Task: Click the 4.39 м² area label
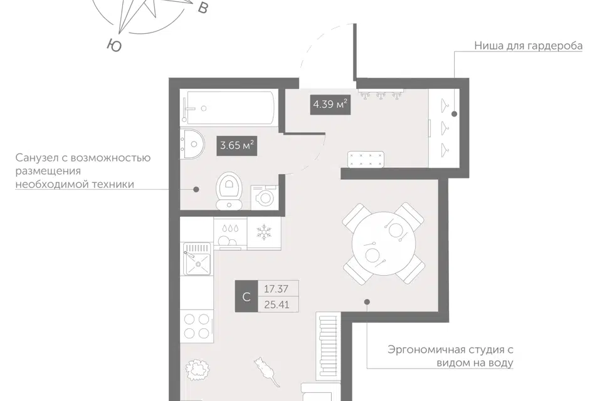[x=330, y=104]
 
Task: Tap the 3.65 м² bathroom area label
[x=236, y=145]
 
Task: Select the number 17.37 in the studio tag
[x=276, y=289]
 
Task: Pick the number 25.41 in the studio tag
[x=277, y=305]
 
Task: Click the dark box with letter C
[x=246, y=296]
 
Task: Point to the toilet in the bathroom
[x=229, y=190]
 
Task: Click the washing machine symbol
[x=264, y=197]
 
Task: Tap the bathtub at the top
[x=228, y=107]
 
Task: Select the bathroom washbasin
[x=193, y=144]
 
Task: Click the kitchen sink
[x=198, y=259]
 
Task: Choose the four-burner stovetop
[x=197, y=326]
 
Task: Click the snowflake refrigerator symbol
[x=264, y=232]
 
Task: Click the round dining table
[x=384, y=243]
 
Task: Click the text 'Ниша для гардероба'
[x=528, y=46]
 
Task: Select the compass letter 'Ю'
[x=114, y=45]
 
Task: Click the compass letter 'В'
[x=202, y=8]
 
